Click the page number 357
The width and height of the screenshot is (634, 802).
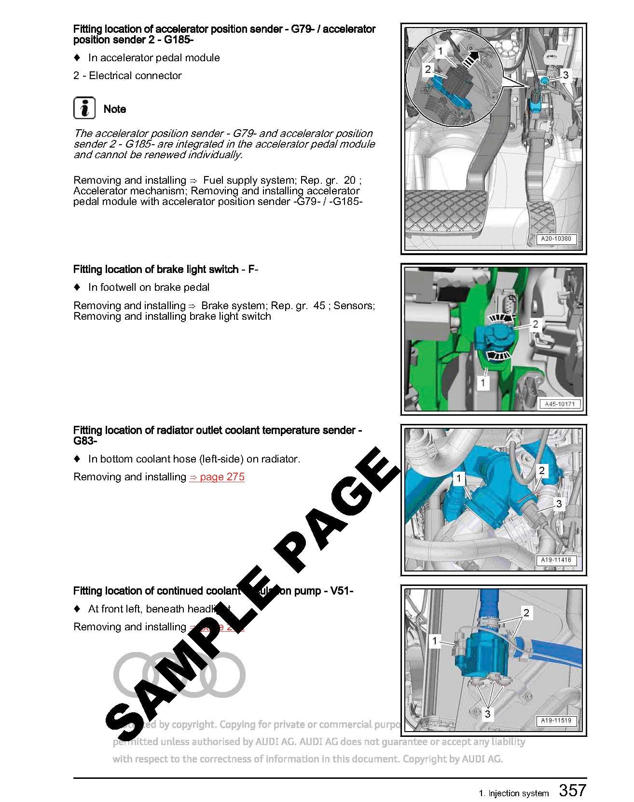click(572, 790)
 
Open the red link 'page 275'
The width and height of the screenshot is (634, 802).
click(217, 477)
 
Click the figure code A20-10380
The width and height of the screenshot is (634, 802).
click(556, 239)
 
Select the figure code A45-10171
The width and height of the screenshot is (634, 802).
click(560, 404)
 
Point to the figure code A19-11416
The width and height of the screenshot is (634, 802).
click(556, 560)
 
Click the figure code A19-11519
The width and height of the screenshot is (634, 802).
click(556, 720)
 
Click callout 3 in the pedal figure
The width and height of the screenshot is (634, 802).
click(565, 75)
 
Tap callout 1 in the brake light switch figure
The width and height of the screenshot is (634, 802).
click(482, 383)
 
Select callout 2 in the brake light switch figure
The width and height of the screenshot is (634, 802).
click(535, 324)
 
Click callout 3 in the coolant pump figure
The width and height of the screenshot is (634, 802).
click(487, 714)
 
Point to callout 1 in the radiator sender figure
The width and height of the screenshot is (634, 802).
click(459, 479)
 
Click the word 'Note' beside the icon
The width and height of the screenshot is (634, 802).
click(115, 109)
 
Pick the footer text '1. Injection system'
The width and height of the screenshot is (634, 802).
click(514, 793)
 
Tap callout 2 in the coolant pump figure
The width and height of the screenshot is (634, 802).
click(526, 613)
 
